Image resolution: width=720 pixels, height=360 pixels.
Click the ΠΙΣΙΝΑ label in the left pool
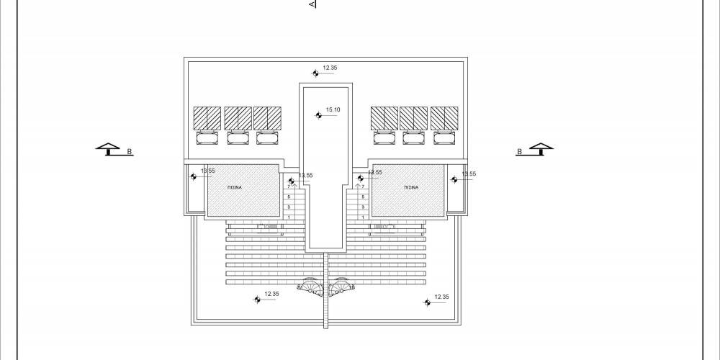235,186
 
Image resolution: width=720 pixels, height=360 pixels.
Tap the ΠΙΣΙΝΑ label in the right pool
411,186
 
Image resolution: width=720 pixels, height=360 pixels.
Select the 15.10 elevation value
333,110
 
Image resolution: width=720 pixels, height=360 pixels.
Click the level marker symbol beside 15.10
319,114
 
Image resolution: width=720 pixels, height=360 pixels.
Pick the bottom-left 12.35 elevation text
272,294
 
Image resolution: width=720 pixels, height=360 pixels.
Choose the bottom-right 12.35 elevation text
442,297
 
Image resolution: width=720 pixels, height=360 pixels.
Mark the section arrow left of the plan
109,148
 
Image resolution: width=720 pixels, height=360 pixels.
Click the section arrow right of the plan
541,148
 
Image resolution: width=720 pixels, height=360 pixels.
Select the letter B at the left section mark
130,152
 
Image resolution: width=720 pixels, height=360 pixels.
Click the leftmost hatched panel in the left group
207,117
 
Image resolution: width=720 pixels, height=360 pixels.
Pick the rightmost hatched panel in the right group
444,117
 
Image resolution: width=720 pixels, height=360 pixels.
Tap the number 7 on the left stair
289,187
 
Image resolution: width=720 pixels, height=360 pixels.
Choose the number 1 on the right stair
363,216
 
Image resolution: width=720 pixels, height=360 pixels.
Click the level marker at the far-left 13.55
193,176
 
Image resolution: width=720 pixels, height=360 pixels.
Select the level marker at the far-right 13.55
455,179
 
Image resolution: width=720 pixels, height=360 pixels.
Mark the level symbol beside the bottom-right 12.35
428,303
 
